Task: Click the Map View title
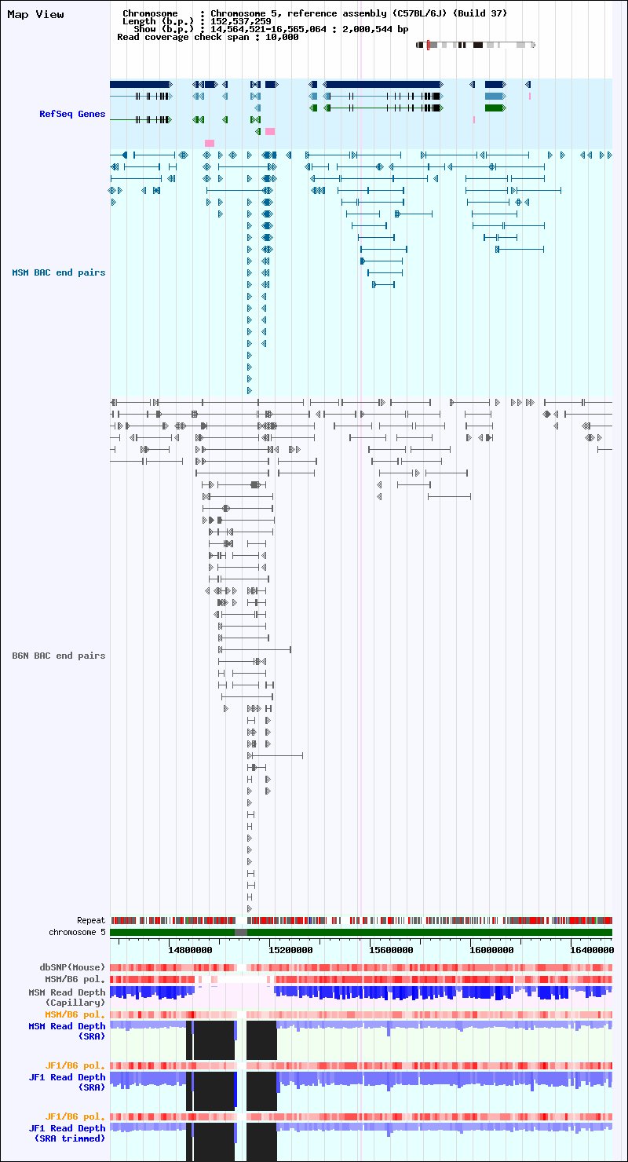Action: click(x=35, y=14)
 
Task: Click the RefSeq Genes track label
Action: click(x=72, y=114)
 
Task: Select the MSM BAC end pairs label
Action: click(x=59, y=273)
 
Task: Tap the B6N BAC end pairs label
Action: click(x=59, y=656)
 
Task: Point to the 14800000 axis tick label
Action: click(x=190, y=950)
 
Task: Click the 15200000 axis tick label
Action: click(x=290, y=950)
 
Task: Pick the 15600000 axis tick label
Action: click(x=391, y=950)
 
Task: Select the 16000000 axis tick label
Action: click(x=491, y=950)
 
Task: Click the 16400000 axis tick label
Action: click(x=592, y=950)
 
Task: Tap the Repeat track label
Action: click(x=91, y=921)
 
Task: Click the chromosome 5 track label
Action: click(x=77, y=932)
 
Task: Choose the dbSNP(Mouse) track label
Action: click(x=72, y=967)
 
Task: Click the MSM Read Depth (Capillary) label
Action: click(x=67, y=998)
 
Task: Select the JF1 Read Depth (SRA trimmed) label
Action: click(x=67, y=1134)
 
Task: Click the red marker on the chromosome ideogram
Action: click(x=428, y=45)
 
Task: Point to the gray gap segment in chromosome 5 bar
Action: click(x=241, y=933)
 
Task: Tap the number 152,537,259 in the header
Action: click(x=241, y=22)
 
